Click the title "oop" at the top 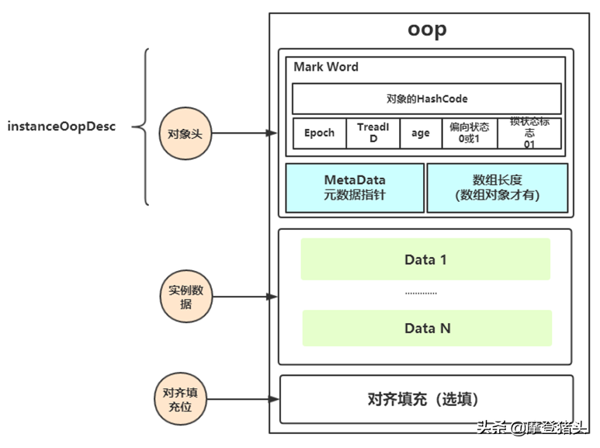coord(427,30)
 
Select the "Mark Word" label coord(326,68)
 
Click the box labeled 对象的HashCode coord(426,99)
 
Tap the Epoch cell coord(319,133)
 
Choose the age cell coord(421,133)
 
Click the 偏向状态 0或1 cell coord(469,133)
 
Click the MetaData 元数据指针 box coord(355,187)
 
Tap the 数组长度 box coord(497,187)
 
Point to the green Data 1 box coord(425,259)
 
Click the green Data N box coord(427,328)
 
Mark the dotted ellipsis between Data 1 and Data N coord(421,293)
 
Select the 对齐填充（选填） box coord(426,400)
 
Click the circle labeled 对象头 coord(185,134)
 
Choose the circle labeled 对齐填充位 coord(180,399)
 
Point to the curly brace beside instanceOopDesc coord(142,127)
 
